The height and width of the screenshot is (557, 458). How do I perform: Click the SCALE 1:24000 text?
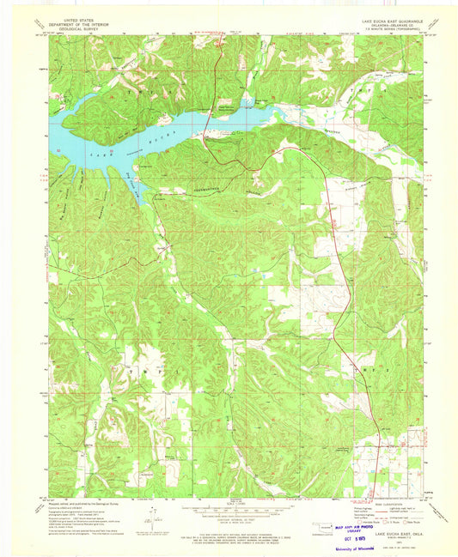pyautogui.click(x=229, y=502)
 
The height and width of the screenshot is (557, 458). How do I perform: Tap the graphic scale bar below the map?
pyautogui.click(x=229, y=511)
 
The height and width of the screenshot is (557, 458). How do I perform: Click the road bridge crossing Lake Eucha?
pyautogui.click(x=215, y=106)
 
